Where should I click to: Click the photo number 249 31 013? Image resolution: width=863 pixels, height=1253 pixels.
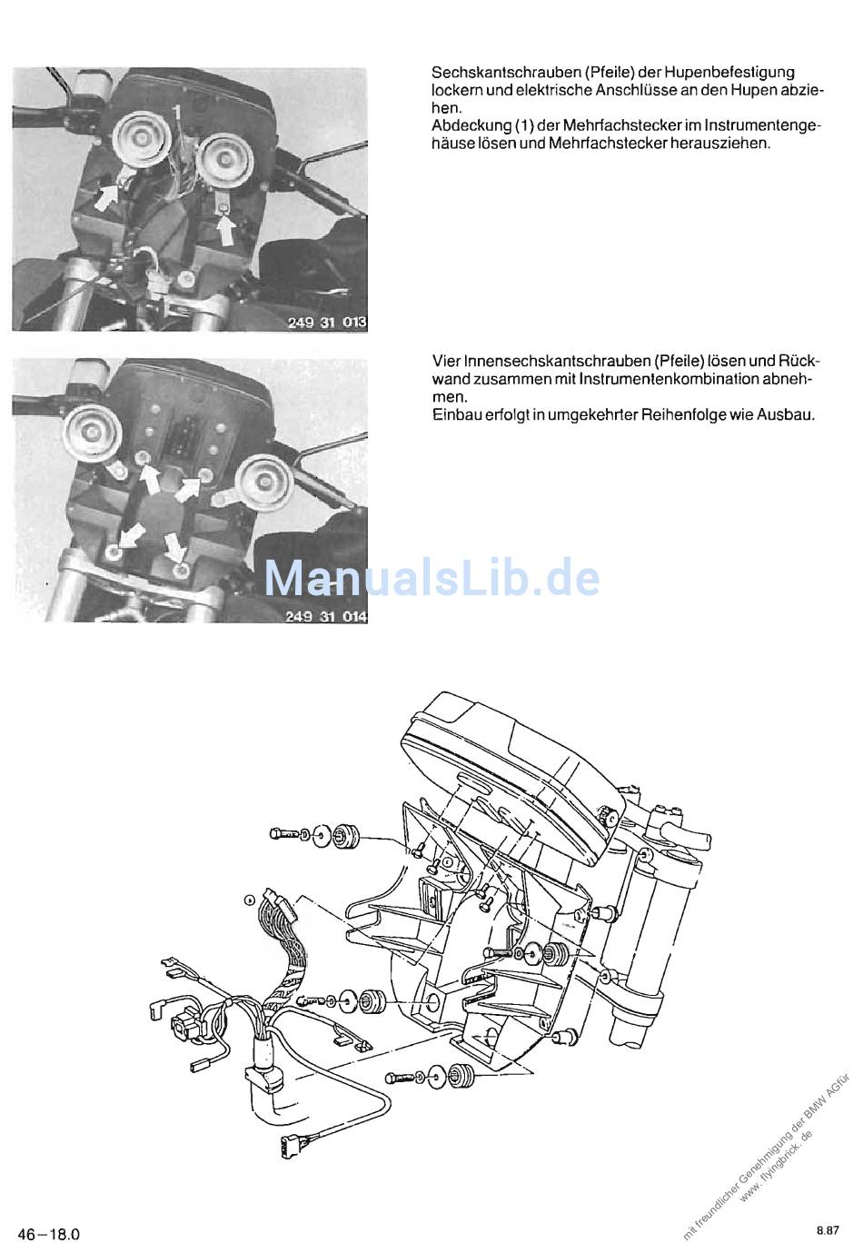[327, 322]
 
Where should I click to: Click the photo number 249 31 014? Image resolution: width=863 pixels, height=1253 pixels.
[327, 616]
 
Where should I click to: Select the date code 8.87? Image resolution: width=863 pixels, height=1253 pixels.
[828, 1230]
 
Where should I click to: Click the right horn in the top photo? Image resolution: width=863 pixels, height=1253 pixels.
[226, 160]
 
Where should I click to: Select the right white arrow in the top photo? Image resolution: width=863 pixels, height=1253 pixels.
[225, 230]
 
